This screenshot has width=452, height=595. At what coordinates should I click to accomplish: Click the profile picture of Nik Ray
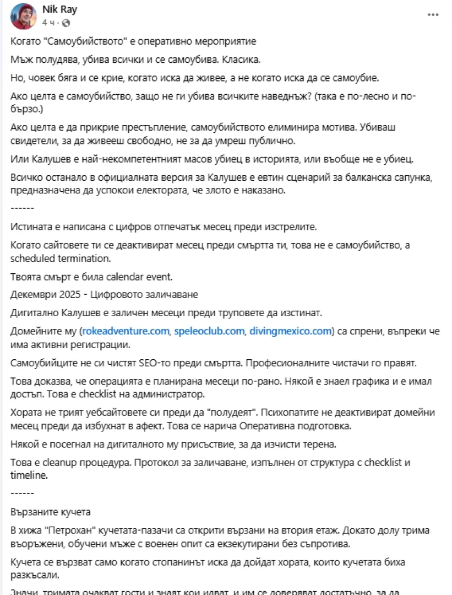point(23,17)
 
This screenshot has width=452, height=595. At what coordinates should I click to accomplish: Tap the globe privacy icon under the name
point(67,23)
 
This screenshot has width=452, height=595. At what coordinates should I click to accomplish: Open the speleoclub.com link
point(209,332)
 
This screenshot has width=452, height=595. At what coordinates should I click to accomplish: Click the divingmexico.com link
point(291,332)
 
